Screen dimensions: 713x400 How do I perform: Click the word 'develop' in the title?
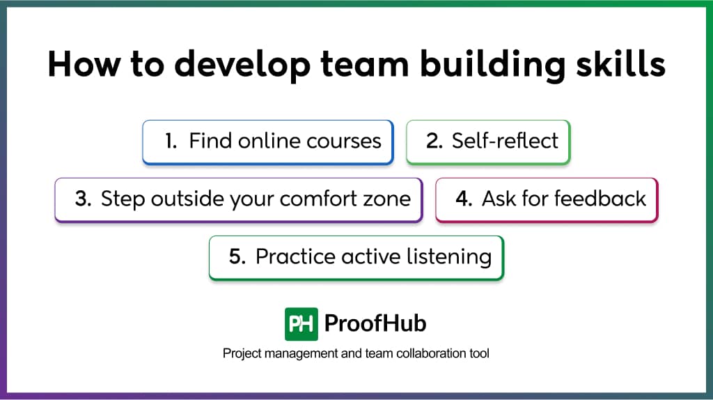(x=242, y=65)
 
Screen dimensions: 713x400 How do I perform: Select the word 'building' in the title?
(x=492, y=65)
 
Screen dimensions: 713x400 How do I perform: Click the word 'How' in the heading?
(x=84, y=63)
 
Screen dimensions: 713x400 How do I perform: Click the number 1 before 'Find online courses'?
(x=171, y=141)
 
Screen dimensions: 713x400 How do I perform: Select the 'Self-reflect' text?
(x=505, y=141)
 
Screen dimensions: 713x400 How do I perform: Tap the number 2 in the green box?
(x=434, y=141)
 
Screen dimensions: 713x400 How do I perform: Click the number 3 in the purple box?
(x=84, y=199)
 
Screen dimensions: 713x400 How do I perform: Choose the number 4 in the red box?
(x=464, y=199)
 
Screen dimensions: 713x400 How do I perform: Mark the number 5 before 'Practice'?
(x=237, y=256)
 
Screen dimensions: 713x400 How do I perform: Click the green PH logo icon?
(x=301, y=324)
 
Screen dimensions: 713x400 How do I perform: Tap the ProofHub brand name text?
(x=375, y=323)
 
